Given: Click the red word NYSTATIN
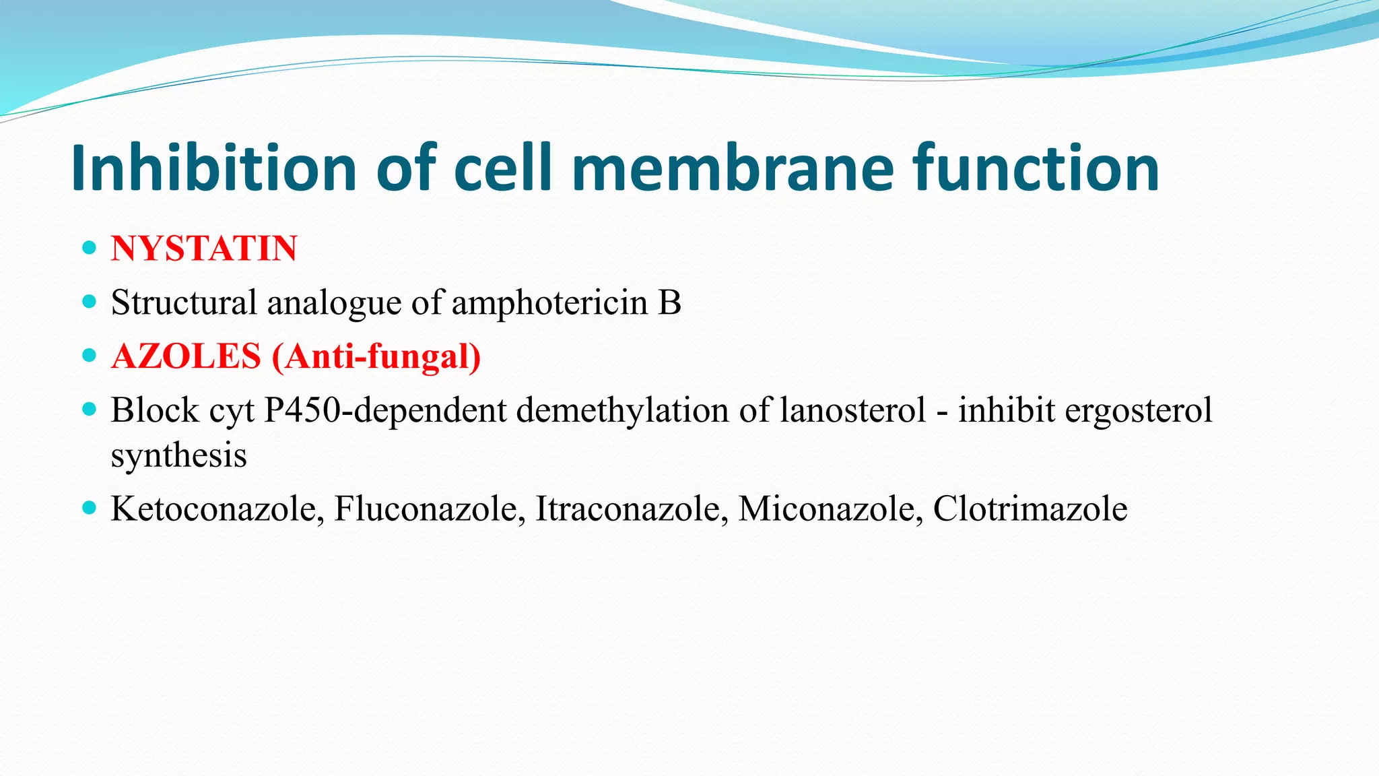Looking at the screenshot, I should (x=204, y=249).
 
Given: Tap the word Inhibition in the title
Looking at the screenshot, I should (x=213, y=168).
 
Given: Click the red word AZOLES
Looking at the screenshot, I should (x=187, y=356).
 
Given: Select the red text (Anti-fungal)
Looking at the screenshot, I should (x=376, y=356).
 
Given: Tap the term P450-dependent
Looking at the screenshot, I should (x=384, y=410).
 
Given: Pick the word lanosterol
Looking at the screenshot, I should (x=852, y=410).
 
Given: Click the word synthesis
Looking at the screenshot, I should (x=179, y=455).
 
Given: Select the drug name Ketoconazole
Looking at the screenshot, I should (x=217, y=509).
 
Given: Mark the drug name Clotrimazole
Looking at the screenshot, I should (x=1030, y=509).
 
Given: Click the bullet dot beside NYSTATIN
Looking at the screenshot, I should (x=89, y=248).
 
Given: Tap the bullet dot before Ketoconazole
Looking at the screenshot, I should (x=89, y=508).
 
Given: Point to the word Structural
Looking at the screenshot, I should (x=184, y=302).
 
